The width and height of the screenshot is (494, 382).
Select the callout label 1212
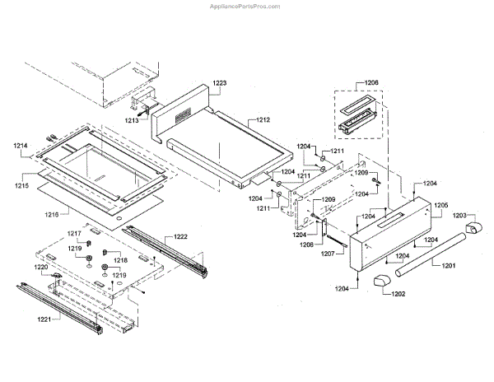click(262, 120)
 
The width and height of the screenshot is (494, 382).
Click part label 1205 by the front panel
click(440, 205)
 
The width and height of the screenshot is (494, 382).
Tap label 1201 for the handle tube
click(448, 265)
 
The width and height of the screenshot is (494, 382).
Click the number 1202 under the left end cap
click(397, 293)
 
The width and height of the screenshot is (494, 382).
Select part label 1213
click(133, 120)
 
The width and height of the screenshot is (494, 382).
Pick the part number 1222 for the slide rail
click(179, 237)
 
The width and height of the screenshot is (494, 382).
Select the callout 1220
click(41, 268)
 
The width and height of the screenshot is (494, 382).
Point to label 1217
click(74, 234)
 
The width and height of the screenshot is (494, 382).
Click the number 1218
click(121, 259)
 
